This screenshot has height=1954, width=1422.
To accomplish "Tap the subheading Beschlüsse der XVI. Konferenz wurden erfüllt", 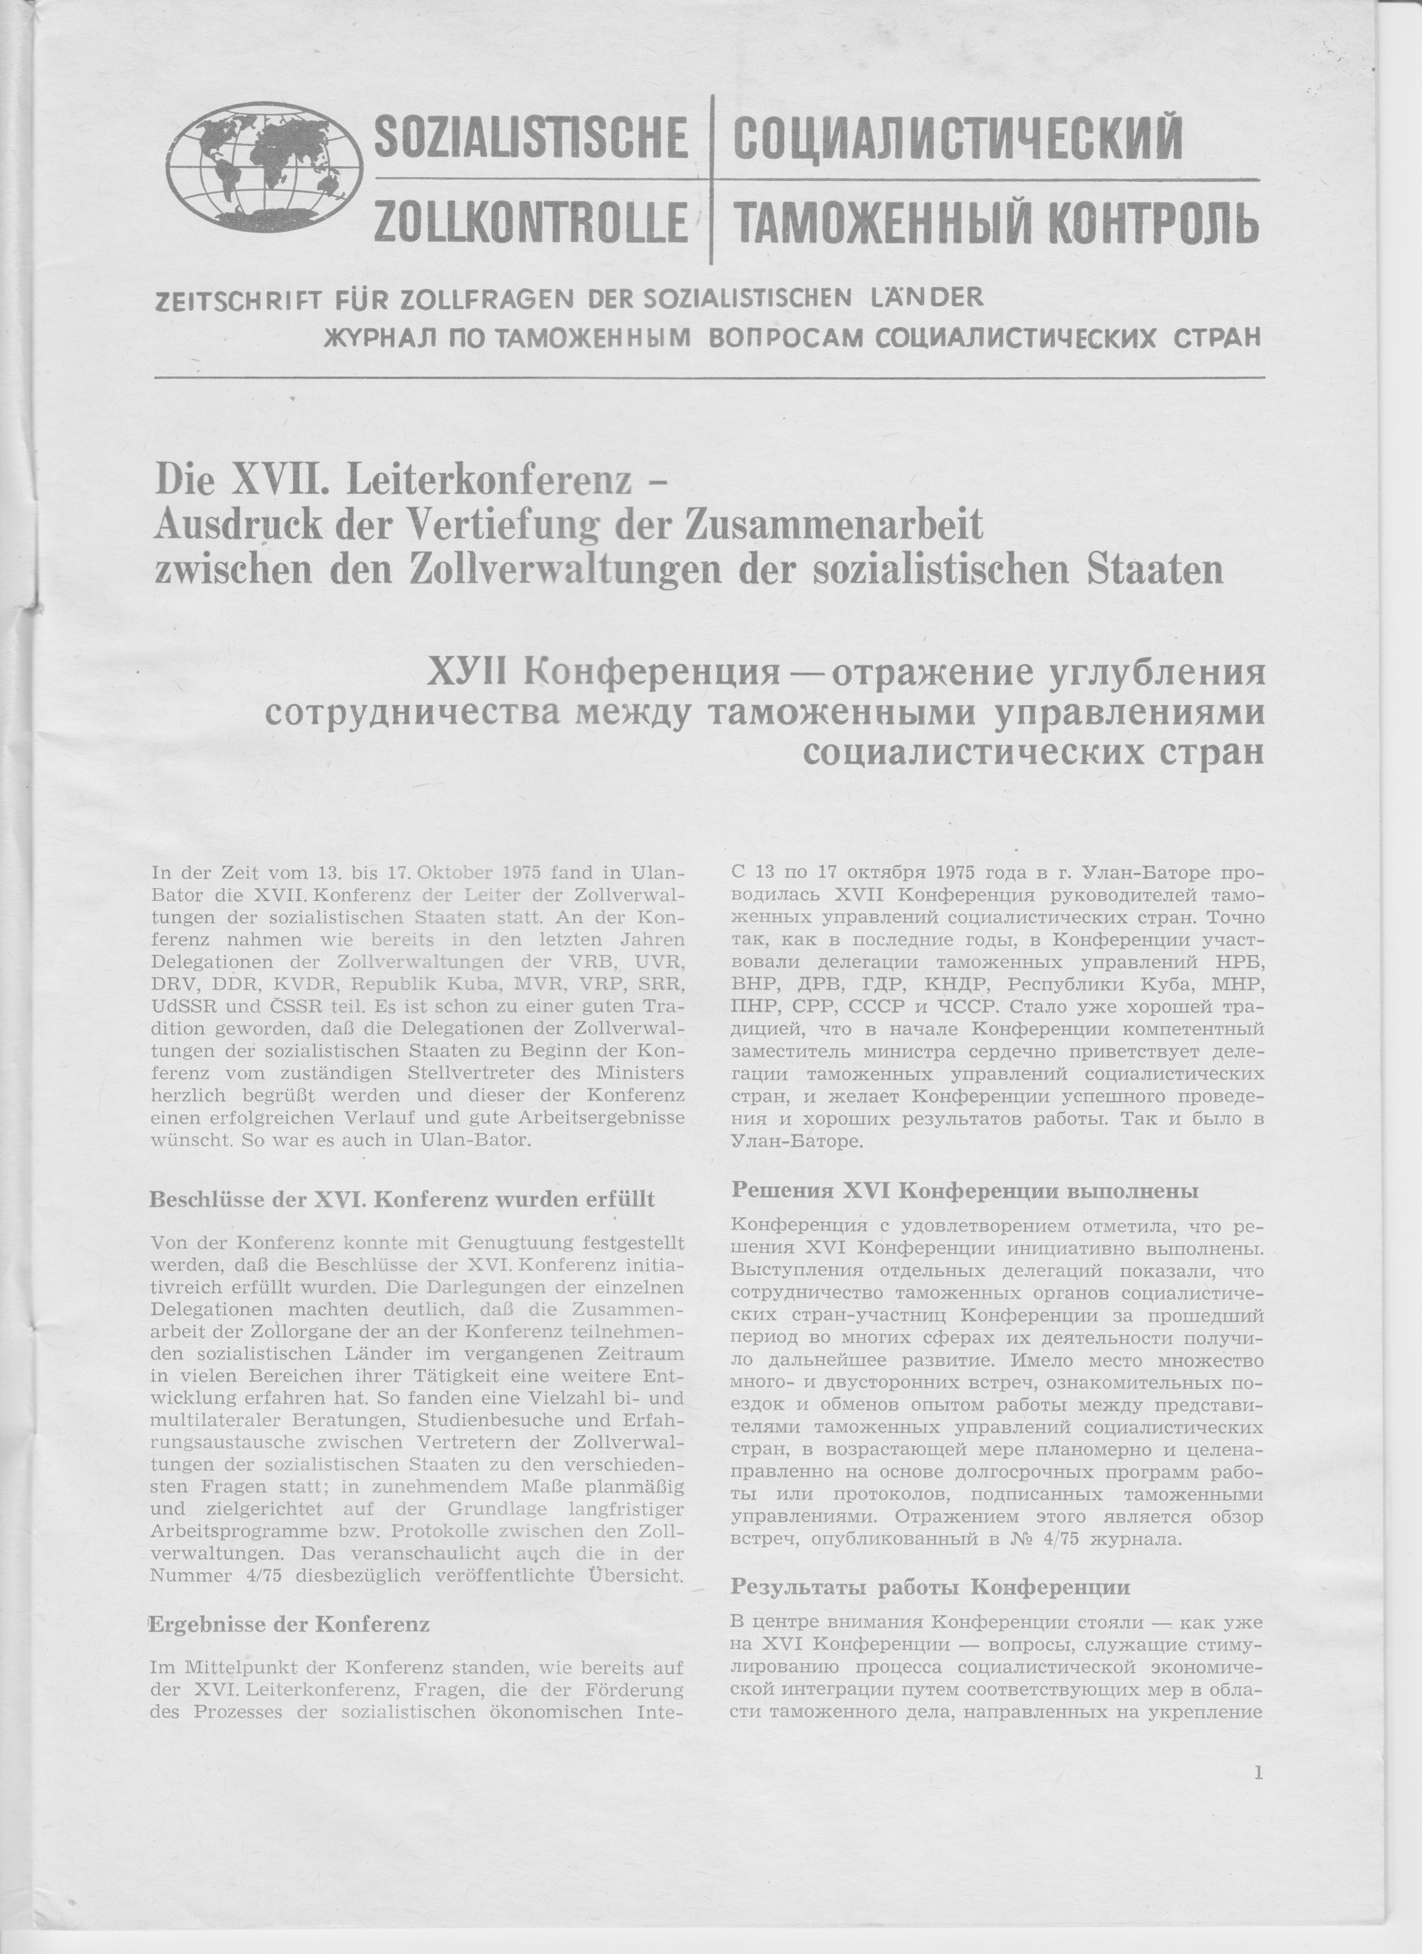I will click(x=403, y=1199).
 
